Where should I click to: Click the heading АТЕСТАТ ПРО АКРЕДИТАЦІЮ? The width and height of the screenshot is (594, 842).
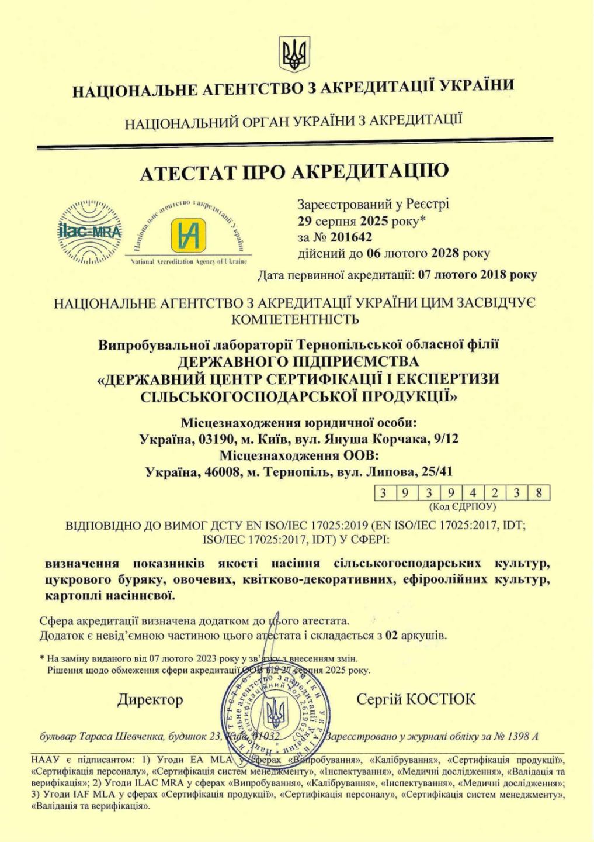point(296,171)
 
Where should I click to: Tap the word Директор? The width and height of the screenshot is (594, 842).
point(150,699)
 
